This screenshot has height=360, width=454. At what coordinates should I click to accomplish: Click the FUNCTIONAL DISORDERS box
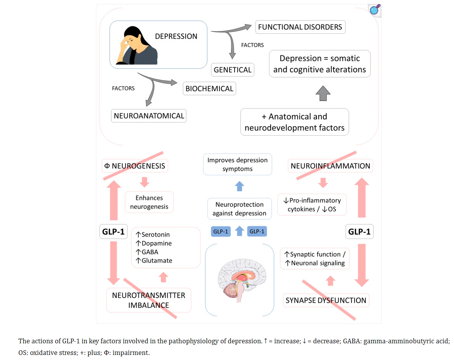[300, 27]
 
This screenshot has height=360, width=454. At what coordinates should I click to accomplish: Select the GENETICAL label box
[233, 70]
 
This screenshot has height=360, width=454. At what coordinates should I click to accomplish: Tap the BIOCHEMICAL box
[209, 89]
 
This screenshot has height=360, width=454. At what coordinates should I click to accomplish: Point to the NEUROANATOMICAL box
[149, 116]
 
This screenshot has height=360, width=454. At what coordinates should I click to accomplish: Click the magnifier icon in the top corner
[374, 10]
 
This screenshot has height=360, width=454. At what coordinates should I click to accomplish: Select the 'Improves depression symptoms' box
[237, 164]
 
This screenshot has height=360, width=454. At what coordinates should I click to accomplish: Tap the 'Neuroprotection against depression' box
[239, 209]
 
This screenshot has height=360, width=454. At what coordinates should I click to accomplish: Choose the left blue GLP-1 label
[221, 231]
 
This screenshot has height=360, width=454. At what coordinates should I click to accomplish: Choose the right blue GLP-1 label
[257, 231]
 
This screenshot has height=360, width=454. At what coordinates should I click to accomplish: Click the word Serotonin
[155, 235]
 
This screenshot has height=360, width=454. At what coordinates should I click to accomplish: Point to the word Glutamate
[157, 261]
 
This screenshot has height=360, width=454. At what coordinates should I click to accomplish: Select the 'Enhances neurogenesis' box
[149, 202]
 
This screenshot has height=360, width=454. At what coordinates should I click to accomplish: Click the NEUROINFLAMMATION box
[330, 166]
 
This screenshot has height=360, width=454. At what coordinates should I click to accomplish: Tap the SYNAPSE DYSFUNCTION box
[326, 300]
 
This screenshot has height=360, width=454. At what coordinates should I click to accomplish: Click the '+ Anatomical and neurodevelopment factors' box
[294, 122]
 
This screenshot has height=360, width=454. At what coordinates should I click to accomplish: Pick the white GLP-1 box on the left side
[113, 232]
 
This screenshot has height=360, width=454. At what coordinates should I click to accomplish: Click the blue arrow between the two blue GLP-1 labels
[240, 231]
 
